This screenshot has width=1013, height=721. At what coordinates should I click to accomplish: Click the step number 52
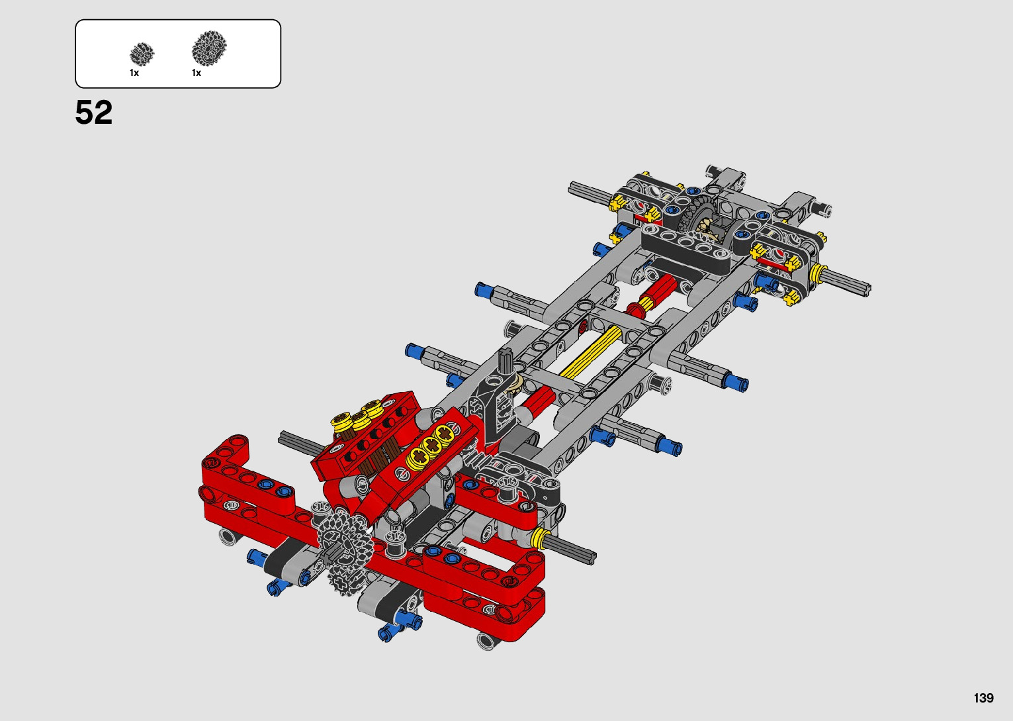(93, 113)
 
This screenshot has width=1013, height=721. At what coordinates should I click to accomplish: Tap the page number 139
(984, 698)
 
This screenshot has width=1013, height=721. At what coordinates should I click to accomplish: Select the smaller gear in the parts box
(142, 54)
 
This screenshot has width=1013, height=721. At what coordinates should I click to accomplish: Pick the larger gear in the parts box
(209, 48)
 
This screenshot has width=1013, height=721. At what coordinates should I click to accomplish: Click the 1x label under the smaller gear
(134, 73)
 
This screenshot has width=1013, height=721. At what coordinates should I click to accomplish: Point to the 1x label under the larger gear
(197, 73)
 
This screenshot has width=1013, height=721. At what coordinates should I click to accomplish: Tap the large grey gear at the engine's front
(345, 541)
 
